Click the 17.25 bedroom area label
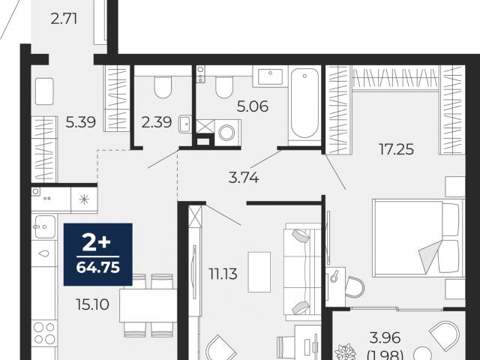point(397,149)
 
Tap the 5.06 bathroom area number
point(253,106)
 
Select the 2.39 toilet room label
point(157,122)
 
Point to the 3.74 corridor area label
point(244,178)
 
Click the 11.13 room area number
point(223,274)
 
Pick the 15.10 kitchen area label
point(93,304)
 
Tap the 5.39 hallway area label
point(81,122)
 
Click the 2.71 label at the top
point(64,19)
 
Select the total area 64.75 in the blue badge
point(98,268)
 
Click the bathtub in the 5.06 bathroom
point(304,105)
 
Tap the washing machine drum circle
point(227,133)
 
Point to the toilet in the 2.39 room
point(163,87)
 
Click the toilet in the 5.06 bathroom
point(224,87)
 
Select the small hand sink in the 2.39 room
point(185,124)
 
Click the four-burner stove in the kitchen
point(45,333)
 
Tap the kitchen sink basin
point(45,226)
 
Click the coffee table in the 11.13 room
point(259,272)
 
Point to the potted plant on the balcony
point(345,352)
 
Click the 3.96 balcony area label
point(385,338)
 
